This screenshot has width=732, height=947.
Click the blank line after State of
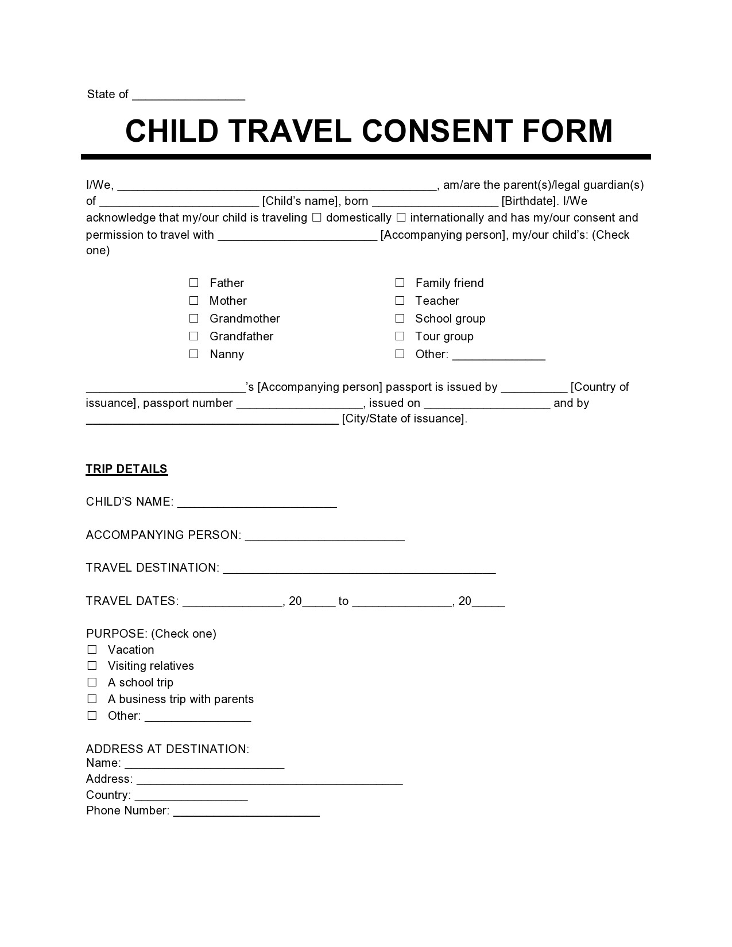click(x=188, y=95)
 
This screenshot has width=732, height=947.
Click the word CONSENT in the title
click(x=437, y=131)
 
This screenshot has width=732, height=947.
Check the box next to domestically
click(x=317, y=218)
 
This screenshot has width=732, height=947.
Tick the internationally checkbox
click(x=401, y=218)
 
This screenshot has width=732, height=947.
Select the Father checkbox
click(x=194, y=283)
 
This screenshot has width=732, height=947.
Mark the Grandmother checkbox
click(x=194, y=319)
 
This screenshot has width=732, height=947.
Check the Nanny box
click(x=194, y=354)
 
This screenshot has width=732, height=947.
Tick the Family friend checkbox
click(x=400, y=283)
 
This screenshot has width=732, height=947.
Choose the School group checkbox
click(x=400, y=319)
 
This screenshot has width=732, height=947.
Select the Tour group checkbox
click(x=400, y=336)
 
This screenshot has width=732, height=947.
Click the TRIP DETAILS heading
click(x=126, y=469)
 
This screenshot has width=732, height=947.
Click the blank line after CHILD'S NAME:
click(x=257, y=503)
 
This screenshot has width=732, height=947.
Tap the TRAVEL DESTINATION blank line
click(x=359, y=569)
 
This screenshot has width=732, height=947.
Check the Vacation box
click(x=92, y=650)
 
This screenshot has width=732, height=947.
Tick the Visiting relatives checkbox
click(x=92, y=666)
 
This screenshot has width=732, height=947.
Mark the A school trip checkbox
click(x=92, y=682)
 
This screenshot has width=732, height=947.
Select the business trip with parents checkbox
click(x=92, y=699)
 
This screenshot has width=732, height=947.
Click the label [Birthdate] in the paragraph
click(x=529, y=201)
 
